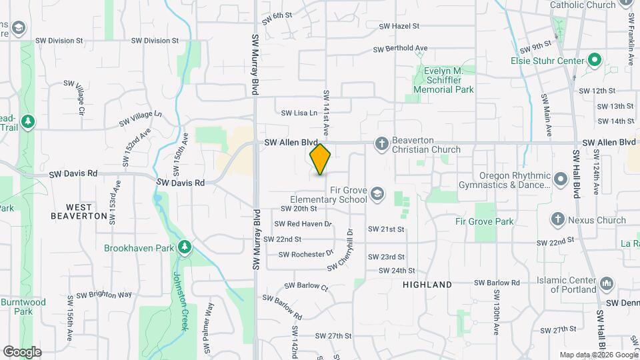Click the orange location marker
(x=320, y=159)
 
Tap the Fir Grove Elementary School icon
(x=377, y=193)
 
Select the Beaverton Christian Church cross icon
(x=381, y=143)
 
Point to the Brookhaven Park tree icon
(x=185, y=248)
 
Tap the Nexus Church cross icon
(x=558, y=219)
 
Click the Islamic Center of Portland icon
(x=607, y=284)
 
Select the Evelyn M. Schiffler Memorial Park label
(x=443, y=80)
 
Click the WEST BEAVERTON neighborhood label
(x=79, y=212)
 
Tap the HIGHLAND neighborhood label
(x=427, y=285)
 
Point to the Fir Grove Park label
(x=485, y=221)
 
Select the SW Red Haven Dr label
(x=303, y=224)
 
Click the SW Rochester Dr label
(x=305, y=254)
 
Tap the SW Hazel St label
(x=399, y=26)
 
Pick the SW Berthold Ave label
(x=400, y=49)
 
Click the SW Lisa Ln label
(x=299, y=113)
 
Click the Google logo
(x=22, y=351)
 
